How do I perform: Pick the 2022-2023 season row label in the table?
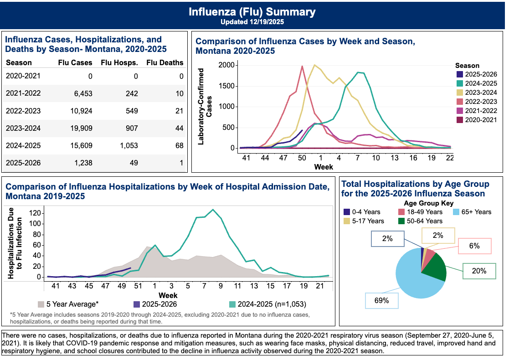pos(23,111)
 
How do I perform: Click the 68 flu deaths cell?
pos(179,146)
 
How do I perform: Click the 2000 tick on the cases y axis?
pos(226,65)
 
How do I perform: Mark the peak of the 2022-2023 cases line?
pos(302,66)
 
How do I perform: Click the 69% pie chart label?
pos(381,300)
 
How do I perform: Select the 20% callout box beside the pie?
pos(478,271)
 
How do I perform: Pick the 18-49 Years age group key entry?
pos(420,212)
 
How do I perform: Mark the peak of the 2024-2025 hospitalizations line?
pos(212,210)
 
